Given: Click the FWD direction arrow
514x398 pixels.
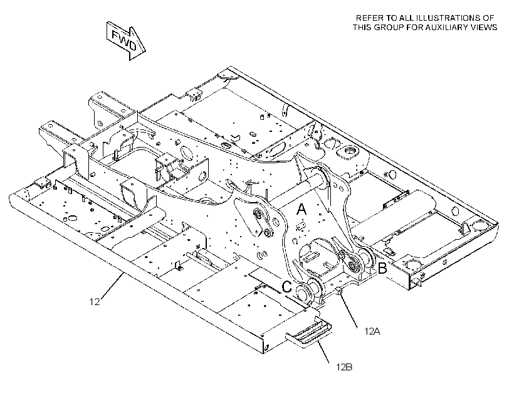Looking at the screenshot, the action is (x=126, y=41).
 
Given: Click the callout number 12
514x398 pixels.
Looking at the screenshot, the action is (x=95, y=301).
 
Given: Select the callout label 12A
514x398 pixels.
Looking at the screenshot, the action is (x=372, y=331).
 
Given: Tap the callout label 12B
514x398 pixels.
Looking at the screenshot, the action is (x=344, y=367).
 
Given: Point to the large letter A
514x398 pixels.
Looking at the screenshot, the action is (x=302, y=209).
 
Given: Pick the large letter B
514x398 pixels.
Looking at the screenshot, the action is (x=382, y=268).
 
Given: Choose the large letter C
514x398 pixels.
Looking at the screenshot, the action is (x=287, y=287).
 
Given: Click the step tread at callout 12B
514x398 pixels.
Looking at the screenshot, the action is (x=308, y=335).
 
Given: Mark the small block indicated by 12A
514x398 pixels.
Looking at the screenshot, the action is (x=339, y=291).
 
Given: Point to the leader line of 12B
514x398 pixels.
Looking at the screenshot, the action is (x=323, y=352).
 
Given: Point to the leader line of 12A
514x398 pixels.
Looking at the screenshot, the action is (x=349, y=311).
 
